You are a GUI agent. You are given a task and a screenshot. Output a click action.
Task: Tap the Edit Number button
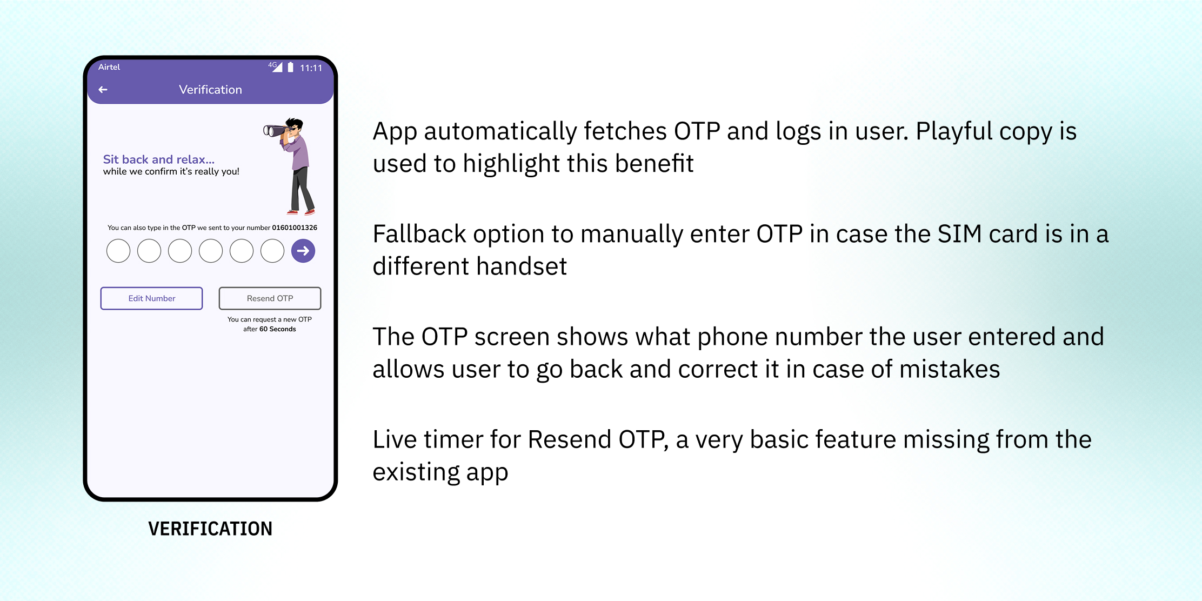tap(151, 298)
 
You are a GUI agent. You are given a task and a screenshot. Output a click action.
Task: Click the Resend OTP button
tap(270, 298)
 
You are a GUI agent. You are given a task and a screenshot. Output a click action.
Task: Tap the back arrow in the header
tap(103, 90)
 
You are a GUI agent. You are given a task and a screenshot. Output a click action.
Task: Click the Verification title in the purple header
tap(210, 90)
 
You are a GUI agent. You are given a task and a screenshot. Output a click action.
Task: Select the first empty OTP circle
tap(118, 251)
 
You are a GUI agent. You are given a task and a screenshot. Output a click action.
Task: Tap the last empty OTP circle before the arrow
tap(272, 251)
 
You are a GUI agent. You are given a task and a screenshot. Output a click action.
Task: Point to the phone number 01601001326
tap(295, 228)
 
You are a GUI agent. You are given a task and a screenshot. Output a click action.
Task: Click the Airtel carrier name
tap(109, 67)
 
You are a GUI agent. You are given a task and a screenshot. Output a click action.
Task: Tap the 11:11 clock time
tap(311, 68)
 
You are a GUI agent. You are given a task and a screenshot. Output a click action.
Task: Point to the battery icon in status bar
tap(290, 67)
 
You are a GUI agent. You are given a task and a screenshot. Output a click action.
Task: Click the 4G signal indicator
tap(275, 66)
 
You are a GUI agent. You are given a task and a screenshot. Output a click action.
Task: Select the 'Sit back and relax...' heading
tap(159, 159)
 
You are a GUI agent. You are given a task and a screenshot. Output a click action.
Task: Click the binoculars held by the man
tap(275, 131)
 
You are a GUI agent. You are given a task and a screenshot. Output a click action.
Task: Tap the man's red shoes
tap(301, 212)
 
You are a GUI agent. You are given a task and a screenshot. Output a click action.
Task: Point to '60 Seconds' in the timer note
tap(278, 329)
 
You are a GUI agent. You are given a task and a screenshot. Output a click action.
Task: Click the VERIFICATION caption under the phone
tap(210, 529)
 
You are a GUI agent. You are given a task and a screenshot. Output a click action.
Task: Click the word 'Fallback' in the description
tap(419, 234)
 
